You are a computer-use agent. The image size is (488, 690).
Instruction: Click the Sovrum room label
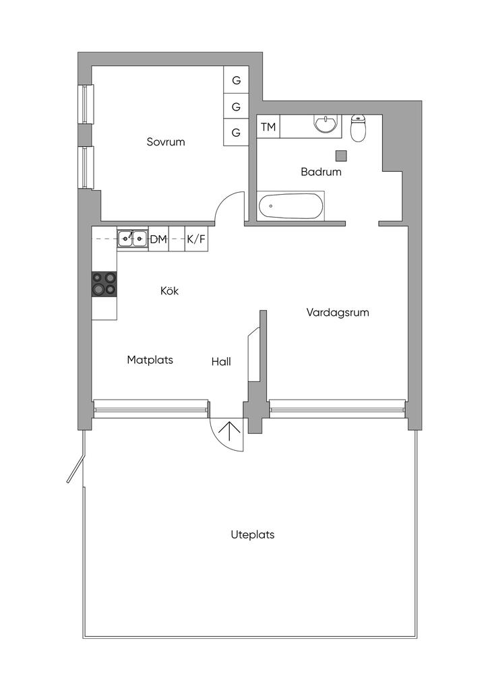[166, 142]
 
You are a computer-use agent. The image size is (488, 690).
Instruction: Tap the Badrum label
[322, 172]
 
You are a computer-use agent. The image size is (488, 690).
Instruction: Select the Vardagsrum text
[338, 313]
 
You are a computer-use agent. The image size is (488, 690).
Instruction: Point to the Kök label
[169, 291]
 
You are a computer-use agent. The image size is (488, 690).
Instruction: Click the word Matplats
[150, 360]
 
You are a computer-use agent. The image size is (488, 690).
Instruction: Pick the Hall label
[221, 362]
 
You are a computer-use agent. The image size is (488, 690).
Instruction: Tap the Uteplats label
[253, 534]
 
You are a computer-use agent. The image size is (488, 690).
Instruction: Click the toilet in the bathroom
[359, 127]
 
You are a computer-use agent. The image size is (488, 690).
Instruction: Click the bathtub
[291, 206]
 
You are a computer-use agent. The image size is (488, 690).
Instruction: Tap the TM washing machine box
[268, 127]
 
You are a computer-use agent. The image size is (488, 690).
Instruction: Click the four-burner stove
[104, 284]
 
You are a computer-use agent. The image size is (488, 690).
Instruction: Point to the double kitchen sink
[133, 239]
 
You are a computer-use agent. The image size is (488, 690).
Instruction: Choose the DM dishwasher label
[159, 239]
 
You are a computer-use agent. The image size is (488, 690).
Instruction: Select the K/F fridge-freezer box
[196, 239]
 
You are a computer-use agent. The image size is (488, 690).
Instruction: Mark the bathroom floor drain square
[341, 156]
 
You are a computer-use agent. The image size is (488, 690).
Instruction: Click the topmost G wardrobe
[237, 80]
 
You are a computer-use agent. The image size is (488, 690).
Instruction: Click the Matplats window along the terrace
[150, 408]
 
